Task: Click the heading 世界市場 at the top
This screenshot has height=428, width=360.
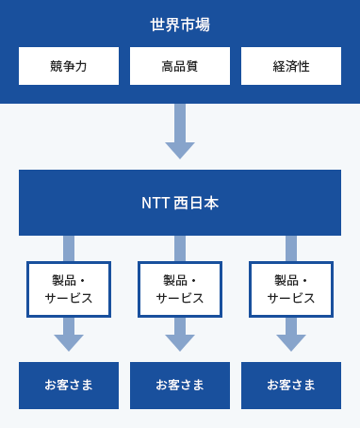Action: tap(180, 25)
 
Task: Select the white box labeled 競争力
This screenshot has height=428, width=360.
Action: tap(69, 66)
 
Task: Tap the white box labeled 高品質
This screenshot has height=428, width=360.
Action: tap(180, 66)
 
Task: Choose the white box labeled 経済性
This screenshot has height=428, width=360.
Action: tap(291, 66)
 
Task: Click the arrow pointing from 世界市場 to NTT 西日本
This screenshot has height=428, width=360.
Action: tap(180, 133)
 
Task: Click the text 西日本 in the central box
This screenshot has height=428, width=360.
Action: tap(197, 203)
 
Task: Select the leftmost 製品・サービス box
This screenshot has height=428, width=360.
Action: tap(69, 288)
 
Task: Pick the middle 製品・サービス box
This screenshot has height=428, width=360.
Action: tap(180, 288)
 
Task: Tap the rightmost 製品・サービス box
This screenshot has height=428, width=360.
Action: tap(291, 288)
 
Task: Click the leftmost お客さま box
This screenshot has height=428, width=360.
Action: tap(69, 385)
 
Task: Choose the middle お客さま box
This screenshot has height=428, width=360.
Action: tap(180, 385)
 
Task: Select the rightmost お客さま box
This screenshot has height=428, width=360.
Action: tap(291, 385)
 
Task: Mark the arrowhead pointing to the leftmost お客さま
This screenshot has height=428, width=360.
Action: tap(69, 341)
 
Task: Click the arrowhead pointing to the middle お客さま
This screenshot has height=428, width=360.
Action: tap(180, 341)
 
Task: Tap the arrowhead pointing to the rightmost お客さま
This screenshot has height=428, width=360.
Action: tap(291, 341)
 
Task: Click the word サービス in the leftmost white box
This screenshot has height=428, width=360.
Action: tap(69, 298)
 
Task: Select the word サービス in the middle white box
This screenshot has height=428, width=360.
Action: tap(180, 298)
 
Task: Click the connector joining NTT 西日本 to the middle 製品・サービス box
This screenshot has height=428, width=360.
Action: tap(180, 248)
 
